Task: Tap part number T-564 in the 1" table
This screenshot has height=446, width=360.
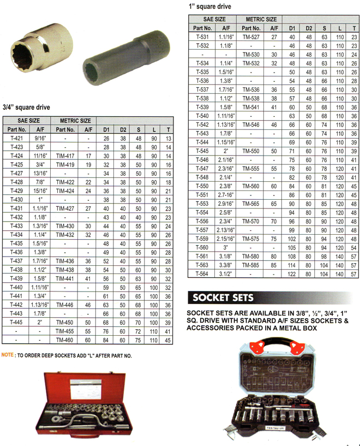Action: coord(202,275)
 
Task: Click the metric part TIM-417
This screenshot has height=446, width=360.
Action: coord(65,156)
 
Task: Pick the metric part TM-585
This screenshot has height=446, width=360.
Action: coord(251,266)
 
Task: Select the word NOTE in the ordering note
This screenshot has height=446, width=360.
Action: coord(8,355)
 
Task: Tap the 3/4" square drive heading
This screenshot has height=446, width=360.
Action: coord(26,108)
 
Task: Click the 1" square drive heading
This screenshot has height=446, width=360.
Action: coord(209,7)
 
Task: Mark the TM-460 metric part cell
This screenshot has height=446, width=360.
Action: coord(65,340)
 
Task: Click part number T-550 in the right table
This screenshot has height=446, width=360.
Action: coord(202,186)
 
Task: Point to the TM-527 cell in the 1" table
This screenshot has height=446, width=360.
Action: coord(251,37)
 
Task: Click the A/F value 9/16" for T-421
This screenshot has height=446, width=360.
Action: coord(40,139)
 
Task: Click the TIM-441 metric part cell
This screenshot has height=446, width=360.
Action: coord(65,278)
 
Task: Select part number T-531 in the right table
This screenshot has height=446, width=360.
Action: coord(202,37)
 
